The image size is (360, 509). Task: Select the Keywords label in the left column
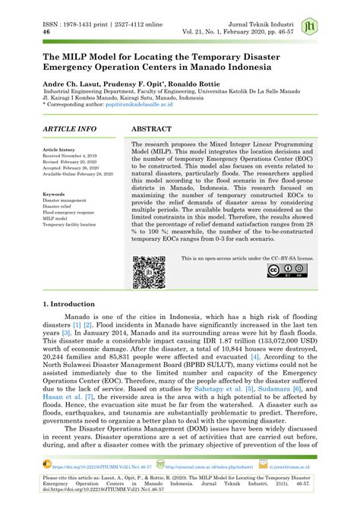(x=54, y=194)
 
